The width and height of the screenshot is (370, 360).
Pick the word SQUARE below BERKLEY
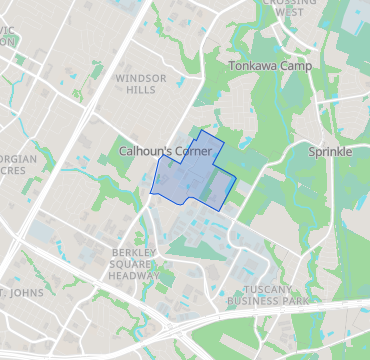[134, 265]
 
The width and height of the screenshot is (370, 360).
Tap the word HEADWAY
[134, 276]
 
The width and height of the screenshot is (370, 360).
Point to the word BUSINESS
[252, 300]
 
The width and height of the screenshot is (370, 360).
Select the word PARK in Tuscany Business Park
[294, 300]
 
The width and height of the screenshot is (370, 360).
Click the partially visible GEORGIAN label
[18, 159]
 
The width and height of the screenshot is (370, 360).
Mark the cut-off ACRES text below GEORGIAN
[14, 170]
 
